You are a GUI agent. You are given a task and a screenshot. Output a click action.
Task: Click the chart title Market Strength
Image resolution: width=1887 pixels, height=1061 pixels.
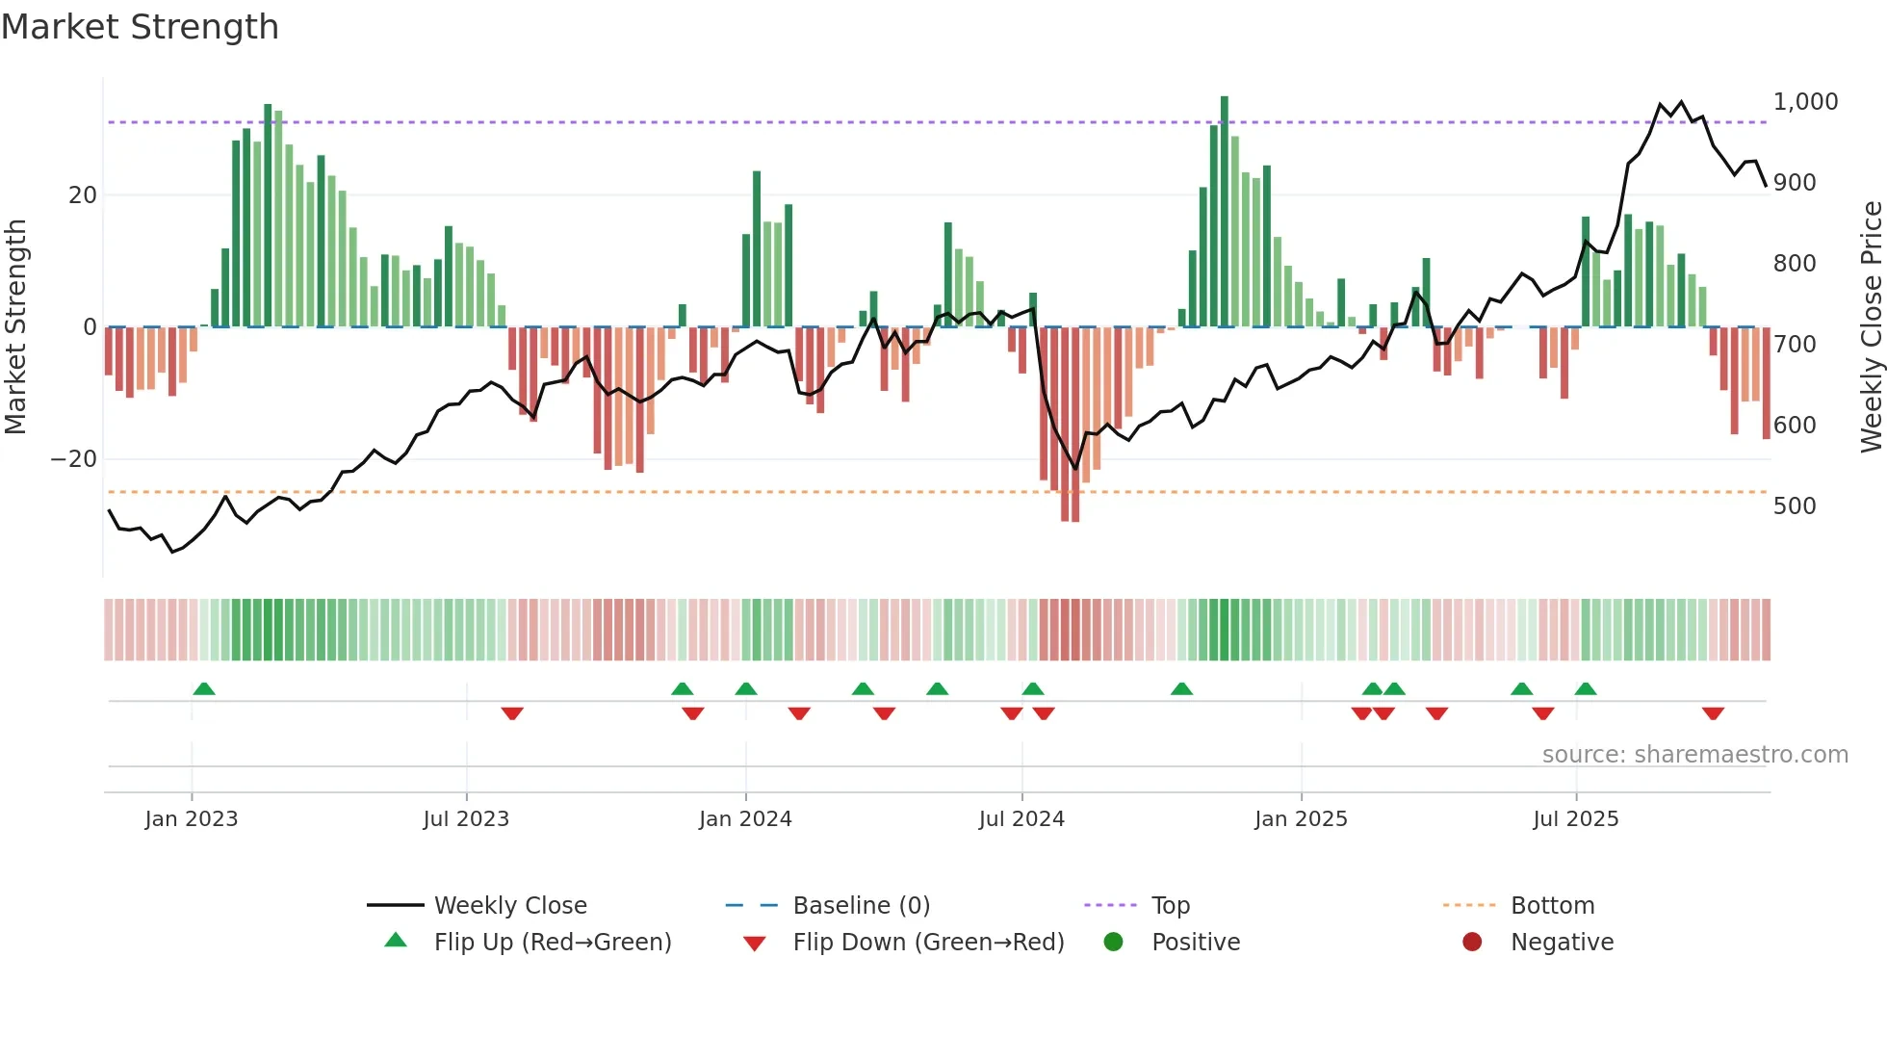pos(141,27)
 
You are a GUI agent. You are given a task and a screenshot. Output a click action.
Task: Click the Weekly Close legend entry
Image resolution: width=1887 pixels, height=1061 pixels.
pos(509,905)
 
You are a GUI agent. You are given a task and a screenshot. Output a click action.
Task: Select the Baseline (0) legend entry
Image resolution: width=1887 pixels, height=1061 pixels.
pos(861,905)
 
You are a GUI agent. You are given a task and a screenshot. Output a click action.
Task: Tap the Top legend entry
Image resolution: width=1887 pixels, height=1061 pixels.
pos(1170,905)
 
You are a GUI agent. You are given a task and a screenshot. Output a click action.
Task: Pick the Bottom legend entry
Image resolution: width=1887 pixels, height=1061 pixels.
pos(1552,905)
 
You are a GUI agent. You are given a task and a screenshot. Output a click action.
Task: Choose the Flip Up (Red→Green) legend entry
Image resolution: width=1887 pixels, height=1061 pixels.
pos(552,942)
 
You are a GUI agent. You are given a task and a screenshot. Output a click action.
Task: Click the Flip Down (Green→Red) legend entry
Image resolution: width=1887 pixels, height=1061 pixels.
pos(928,942)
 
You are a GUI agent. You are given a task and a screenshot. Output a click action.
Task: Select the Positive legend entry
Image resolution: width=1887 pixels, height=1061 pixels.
pos(1195,942)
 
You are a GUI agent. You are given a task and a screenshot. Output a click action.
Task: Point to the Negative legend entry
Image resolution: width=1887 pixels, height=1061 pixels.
pos(1562,942)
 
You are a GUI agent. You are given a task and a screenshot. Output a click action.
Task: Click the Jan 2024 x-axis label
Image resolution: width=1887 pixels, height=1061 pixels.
pos(745,819)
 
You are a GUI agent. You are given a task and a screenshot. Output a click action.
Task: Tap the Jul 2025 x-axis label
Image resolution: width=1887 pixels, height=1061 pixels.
pos(1575,819)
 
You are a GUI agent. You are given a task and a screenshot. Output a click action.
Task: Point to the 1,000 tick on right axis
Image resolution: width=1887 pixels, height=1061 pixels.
pos(1805,102)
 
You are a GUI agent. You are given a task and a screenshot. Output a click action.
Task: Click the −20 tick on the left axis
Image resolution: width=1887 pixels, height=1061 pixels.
pos(74,459)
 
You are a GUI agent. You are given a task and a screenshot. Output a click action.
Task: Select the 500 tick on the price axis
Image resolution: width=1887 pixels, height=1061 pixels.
pos(1794,506)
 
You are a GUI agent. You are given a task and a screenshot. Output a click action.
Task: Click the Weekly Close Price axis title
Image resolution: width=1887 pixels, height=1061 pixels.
pos(1871,327)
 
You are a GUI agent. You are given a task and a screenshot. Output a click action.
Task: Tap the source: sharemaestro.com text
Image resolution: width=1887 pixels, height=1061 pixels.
pos(1694,755)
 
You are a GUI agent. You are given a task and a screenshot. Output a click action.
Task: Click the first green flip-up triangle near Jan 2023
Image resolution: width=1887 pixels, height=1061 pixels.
pos(204,688)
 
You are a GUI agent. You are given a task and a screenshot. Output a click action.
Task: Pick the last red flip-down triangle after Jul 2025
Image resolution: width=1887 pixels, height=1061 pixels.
pos(1713,713)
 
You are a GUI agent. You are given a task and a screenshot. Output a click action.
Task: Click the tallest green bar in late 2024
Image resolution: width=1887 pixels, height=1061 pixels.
pos(1225,212)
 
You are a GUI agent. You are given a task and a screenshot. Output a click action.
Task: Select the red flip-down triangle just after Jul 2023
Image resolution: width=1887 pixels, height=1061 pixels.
pos(512,713)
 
